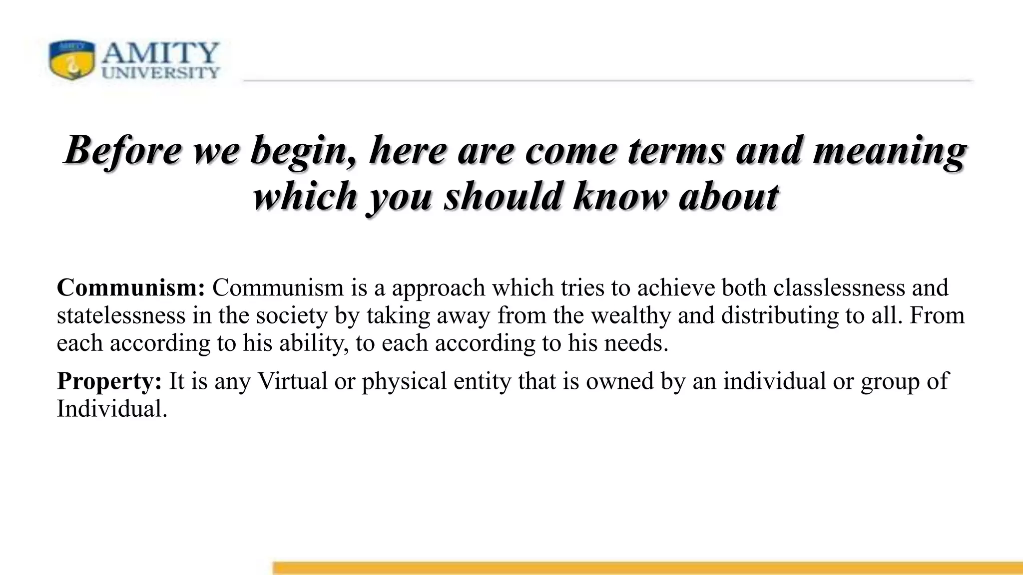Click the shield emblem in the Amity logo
coord(71,60)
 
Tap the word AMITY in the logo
coord(161,52)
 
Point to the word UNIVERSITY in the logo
coord(161,73)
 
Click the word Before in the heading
coord(122,150)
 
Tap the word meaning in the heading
coord(889,150)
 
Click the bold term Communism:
coord(131,288)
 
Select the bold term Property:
coord(109,381)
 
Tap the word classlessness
coord(839,288)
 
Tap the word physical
coord(404,381)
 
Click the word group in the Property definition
coord(890,381)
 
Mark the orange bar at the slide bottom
coord(647,568)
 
